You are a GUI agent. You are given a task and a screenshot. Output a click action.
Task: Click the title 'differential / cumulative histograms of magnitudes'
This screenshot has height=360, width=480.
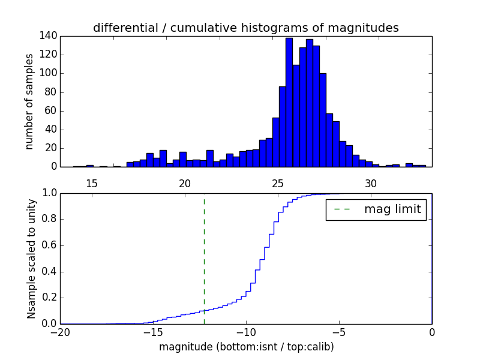click(245, 28)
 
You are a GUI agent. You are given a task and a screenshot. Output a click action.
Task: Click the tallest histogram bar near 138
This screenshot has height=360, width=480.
click(289, 102)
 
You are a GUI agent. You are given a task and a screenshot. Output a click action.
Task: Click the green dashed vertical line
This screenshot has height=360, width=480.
click(204, 258)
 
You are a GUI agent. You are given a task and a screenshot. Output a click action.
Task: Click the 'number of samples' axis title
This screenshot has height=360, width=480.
click(29, 101)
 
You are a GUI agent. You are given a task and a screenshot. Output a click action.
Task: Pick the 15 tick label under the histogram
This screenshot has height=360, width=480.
click(92, 183)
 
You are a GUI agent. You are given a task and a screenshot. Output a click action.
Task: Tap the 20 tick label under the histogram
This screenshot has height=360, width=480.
click(185, 183)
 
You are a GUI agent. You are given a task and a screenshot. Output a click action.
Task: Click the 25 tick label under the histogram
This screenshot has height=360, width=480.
click(278, 183)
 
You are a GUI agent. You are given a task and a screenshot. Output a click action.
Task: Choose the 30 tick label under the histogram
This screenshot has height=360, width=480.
click(371, 183)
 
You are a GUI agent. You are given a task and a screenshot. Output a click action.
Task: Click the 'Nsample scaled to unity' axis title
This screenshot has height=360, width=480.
click(31, 259)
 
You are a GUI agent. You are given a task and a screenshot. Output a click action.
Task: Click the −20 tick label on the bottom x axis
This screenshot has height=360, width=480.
click(60, 334)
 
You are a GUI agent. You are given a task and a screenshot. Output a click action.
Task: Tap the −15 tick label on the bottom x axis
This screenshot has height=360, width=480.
click(153, 334)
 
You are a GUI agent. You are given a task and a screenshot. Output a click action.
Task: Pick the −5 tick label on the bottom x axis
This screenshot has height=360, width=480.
click(339, 334)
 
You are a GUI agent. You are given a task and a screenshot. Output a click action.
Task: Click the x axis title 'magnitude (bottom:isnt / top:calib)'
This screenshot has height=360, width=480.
click(246, 347)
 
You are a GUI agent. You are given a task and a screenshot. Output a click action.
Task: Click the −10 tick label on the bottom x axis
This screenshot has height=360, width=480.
click(246, 334)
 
